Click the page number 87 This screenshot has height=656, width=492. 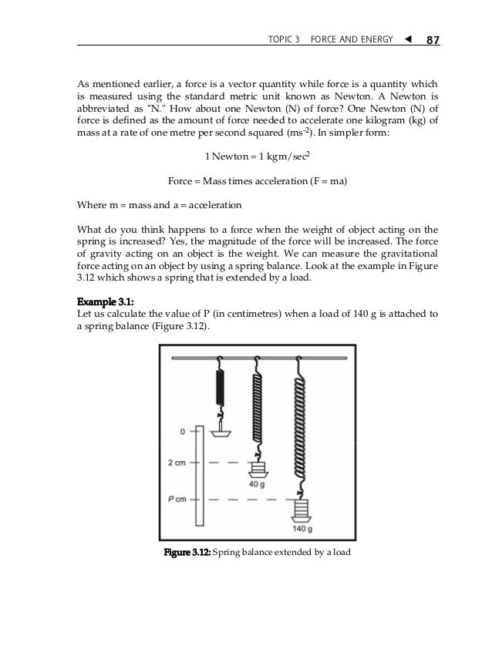[428, 40]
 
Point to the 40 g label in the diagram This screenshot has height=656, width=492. [258, 485]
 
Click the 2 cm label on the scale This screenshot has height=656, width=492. [176, 463]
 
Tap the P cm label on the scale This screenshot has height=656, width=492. [177, 499]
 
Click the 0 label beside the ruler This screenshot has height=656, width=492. [183, 432]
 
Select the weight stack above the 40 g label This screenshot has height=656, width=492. [257, 469]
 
